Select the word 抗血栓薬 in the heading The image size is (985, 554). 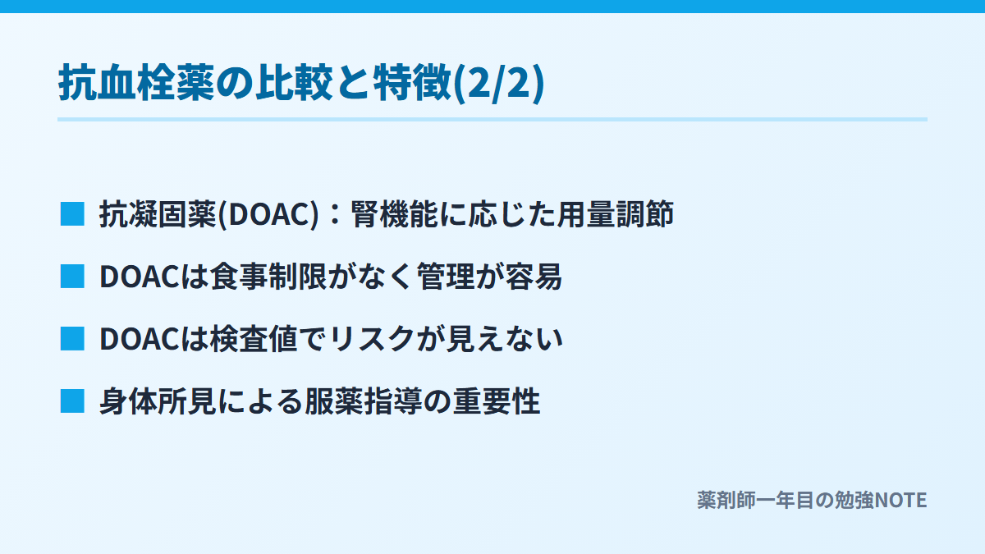click(x=136, y=83)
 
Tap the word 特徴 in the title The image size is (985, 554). click(x=413, y=83)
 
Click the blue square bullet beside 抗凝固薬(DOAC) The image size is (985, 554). click(x=72, y=214)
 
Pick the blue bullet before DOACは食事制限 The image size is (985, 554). click(x=72, y=276)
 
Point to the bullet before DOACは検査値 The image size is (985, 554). click(x=72, y=338)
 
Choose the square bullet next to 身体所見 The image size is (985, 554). click(x=72, y=401)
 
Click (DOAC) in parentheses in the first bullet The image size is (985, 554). click(x=268, y=214)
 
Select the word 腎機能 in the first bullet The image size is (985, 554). click(x=395, y=214)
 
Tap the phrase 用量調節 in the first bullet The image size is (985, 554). click(x=616, y=214)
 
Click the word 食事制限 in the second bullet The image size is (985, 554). click(x=268, y=277)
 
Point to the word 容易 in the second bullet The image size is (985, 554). click(x=534, y=277)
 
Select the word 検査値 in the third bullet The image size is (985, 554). click(x=254, y=339)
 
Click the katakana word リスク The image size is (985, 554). click(x=373, y=339)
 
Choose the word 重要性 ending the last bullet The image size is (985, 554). click(x=497, y=401)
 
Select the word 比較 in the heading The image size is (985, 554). click(x=295, y=83)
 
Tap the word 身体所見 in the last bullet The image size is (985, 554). click(x=158, y=401)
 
